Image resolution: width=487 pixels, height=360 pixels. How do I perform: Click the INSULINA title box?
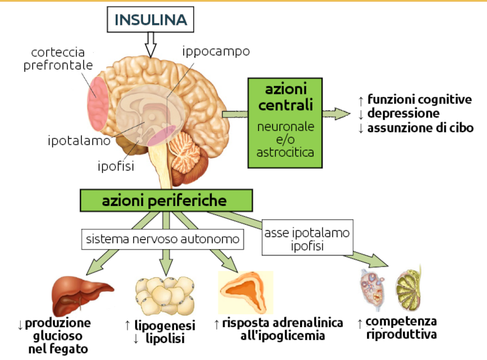(151, 19)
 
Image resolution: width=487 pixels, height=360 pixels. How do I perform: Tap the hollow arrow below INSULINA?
(151, 44)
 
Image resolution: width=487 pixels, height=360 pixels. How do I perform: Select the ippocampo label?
(216, 51)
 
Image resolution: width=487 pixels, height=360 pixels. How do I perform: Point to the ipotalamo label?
(79, 141)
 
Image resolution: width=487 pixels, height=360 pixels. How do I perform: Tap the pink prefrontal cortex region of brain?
(97, 97)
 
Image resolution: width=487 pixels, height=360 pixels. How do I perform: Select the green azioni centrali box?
(285, 122)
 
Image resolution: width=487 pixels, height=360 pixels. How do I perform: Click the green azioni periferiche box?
(166, 200)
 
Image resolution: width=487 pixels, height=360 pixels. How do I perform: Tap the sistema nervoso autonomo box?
(163, 239)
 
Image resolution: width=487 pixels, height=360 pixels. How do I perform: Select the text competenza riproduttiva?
(401, 328)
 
